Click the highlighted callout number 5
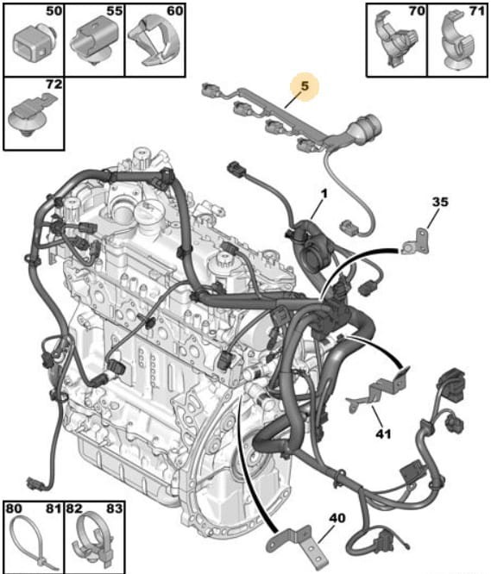(305, 86)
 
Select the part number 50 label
(54, 11)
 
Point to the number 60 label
(175, 11)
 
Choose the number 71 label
(477, 11)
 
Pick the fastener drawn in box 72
(32, 115)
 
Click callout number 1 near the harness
(324, 194)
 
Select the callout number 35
(440, 202)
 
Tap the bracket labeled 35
(417, 241)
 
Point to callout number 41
(383, 434)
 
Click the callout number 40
(337, 518)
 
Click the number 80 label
(14, 508)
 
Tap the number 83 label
(114, 508)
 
